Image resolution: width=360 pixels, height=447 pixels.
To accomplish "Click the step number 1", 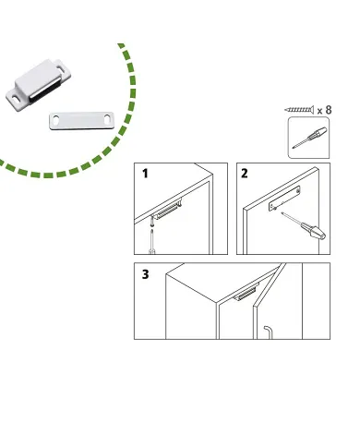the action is point(145,174).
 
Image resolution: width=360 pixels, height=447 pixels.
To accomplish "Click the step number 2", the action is point(245,174).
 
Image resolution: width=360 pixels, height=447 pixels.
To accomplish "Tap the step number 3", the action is point(146,274).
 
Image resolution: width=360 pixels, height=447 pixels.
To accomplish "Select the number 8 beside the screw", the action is point(329,110).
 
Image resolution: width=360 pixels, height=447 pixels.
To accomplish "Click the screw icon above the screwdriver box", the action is point(299,109).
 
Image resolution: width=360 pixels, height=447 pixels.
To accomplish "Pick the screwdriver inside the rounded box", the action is point(309,138).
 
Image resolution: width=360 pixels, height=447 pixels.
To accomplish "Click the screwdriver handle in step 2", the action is point(313,232).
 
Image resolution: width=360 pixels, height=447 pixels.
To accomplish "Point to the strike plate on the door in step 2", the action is point(284,199).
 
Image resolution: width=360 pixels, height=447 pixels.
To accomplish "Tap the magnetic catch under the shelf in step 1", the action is point(169,210).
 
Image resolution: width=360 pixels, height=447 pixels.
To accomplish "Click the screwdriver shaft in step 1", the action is point(151,241).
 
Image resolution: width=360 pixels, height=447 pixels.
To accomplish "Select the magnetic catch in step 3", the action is point(246,293).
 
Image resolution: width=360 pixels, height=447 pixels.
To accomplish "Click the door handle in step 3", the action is point(268,332).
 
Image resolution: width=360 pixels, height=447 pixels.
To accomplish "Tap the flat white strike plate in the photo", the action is point(82,121).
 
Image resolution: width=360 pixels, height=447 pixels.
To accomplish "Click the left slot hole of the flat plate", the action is point(56,120).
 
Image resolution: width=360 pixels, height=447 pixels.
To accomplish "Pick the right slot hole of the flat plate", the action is point(107,119).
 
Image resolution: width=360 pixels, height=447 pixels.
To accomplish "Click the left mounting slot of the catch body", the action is point(15,97).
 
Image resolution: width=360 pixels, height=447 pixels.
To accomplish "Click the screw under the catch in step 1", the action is point(152,222).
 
